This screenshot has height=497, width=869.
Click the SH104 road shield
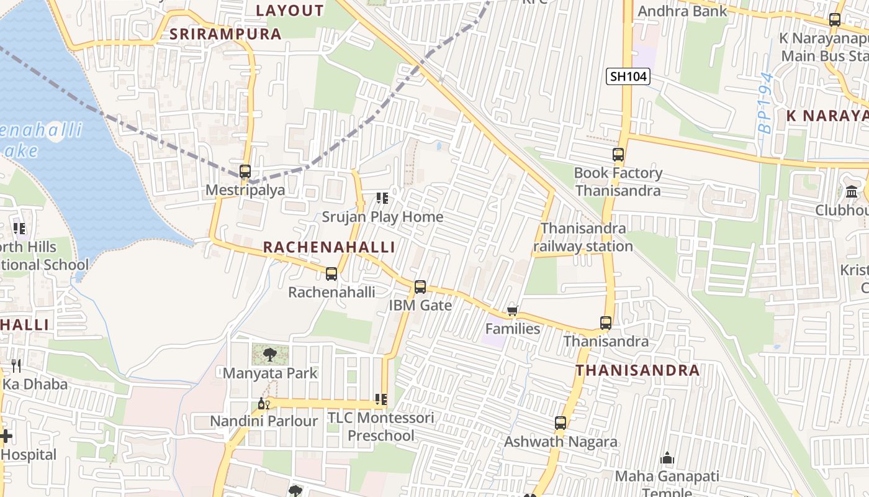(x=628, y=76)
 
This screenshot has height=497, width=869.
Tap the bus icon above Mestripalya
(x=245, y=171)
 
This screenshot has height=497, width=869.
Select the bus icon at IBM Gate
(x=420, y=287)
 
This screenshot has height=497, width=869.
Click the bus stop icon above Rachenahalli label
(x=331, y=273)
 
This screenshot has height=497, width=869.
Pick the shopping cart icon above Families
(x=512, y=311)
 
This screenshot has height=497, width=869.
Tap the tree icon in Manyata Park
(x=270, y=355)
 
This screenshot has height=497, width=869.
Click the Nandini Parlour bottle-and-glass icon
(x=264, y=404)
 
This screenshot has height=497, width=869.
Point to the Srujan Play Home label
(x=382, y=217)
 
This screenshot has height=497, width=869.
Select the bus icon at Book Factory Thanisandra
(x=618, y=155)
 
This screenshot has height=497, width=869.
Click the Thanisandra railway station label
(x=583, y=237)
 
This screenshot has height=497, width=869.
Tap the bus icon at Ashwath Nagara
(x=561, y=423)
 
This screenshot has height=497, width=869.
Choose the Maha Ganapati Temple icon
(x=667, y=459)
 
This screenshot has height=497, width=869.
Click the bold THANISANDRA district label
(x=637, y=370)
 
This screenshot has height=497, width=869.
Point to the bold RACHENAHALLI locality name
(x=329, y=247)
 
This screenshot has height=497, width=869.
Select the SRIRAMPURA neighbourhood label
(x=226, y=34)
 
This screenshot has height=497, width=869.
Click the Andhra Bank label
(x=682, y=11)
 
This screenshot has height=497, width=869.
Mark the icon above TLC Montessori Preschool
(x=381, y=399)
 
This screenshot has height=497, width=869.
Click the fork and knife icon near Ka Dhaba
(x=16, y=366)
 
